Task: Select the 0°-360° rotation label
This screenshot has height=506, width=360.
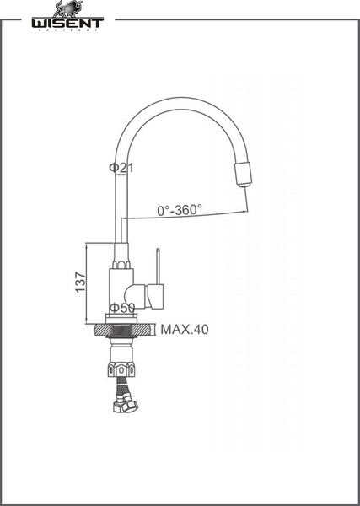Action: coord(179,209)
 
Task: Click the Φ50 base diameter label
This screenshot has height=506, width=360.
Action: coord(123,309)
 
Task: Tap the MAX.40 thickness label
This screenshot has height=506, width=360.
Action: coord(185,330)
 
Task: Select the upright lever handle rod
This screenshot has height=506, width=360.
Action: coord(157,265)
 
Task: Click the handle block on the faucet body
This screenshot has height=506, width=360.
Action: coord(155,295)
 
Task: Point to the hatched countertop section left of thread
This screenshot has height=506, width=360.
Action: coord(101,330)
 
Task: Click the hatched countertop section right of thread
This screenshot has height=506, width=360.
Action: coord(142,330)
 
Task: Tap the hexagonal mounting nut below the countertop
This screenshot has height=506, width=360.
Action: coord(121,369)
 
